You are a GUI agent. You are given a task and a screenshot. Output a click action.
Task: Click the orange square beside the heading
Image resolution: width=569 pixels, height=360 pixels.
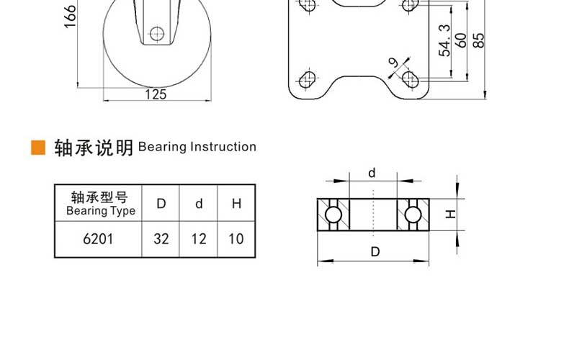tap(38, 148)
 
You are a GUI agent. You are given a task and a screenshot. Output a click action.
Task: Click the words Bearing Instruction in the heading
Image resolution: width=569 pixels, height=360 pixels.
tap(197, 147)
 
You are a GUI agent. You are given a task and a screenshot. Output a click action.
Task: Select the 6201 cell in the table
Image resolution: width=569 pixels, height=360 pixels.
tap(98, 239)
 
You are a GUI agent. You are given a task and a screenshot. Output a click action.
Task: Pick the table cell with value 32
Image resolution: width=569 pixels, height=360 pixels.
tap(161, 239)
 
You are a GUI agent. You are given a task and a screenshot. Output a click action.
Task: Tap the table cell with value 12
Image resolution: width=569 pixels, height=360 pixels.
tap(199, 239)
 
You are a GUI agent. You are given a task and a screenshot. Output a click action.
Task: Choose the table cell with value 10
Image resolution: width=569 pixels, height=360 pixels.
tap(236, 239)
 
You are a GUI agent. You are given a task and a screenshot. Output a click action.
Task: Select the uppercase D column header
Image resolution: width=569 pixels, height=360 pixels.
tap(161, 203)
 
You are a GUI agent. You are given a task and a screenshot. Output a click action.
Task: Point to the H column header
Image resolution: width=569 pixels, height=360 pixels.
tap(236, 203)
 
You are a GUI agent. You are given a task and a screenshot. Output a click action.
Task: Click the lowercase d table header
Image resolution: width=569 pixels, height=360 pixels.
tap(199, 203)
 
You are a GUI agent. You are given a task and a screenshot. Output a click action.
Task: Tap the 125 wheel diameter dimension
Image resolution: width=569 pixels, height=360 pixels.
tap(156, 94)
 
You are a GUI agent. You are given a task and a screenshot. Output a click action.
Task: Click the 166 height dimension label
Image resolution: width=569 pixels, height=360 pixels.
tap(70, 17)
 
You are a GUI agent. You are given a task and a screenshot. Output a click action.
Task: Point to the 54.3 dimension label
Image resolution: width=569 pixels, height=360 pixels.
tap(444, 40)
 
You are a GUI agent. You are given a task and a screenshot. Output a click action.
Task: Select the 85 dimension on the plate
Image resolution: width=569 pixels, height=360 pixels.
tap(479, 40)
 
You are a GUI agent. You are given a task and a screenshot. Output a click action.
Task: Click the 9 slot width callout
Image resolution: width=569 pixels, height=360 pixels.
tap(393, 63)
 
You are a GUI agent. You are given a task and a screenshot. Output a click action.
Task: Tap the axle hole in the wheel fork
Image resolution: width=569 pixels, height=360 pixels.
tap(157, 34)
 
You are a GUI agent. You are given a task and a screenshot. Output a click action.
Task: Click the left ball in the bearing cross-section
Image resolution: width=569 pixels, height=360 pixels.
tap(333, 215)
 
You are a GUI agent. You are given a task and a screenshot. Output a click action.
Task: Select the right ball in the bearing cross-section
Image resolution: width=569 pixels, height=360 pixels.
tap(413, 215)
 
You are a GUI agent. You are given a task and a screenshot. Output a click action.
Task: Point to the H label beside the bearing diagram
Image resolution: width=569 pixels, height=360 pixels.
tap(450, 214)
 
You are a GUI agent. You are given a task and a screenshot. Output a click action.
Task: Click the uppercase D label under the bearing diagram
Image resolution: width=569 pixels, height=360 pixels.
tap(375, 251)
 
